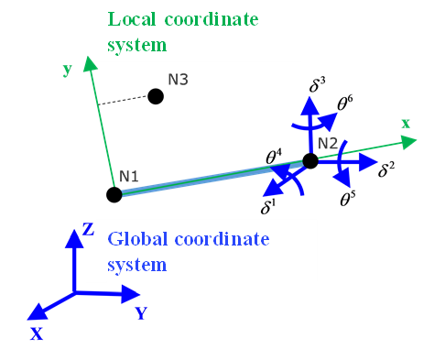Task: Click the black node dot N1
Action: (x=114, y=194)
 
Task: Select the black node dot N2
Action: (x=310, y=161)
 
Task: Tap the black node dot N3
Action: (x=156, y=95)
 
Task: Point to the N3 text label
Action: (x=178, y=80)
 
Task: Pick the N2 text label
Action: (x=328, y=143)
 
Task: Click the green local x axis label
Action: (x=405, y=123)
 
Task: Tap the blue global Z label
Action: (x=88, y=229)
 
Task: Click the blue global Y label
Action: (x=141, y=312)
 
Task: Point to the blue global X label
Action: (x=37, y=334)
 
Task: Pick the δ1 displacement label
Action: (x=268, y=207)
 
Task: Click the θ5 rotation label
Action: (x=348, y=198)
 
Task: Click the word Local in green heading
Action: (x=134, y=18)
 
